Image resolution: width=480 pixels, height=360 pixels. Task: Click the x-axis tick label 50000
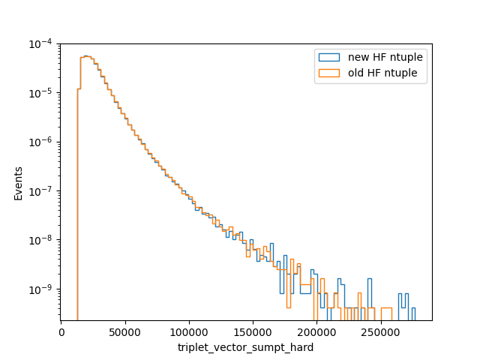coord(125,332)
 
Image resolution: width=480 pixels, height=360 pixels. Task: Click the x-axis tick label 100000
coord(189,332)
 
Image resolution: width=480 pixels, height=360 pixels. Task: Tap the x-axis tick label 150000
coord(253,332)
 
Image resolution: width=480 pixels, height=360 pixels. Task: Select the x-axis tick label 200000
coord(316,332)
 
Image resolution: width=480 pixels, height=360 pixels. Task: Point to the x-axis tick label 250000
coord(381,332)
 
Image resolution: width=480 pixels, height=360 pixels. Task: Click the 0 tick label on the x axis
coord(61,332)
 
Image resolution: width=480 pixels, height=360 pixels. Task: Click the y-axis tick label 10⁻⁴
coord(40,44)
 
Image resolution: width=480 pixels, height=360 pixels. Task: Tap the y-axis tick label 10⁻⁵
coord(40,93)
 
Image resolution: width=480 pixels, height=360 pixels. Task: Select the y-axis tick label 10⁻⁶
coord(40,142)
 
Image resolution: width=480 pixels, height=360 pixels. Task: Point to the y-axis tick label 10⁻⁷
coord(40,191)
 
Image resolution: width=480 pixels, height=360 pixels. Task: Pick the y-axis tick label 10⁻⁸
coord(40,240)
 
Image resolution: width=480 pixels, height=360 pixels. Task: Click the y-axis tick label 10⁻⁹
coord(40,289)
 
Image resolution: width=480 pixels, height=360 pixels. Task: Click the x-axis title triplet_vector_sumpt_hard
coord(245,348)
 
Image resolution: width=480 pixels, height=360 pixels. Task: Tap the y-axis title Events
coord(18,184)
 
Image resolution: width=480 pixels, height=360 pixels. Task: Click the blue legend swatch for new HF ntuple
coord(329,57)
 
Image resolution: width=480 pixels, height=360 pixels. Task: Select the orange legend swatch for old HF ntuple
coord(329,73)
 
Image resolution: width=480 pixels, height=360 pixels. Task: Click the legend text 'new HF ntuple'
coord(385,57)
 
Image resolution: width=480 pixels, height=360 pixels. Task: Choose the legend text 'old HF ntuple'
coord(382,73)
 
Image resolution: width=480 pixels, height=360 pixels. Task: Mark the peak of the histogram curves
coord(86,56)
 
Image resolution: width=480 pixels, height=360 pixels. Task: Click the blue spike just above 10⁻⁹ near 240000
coord(370,279)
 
